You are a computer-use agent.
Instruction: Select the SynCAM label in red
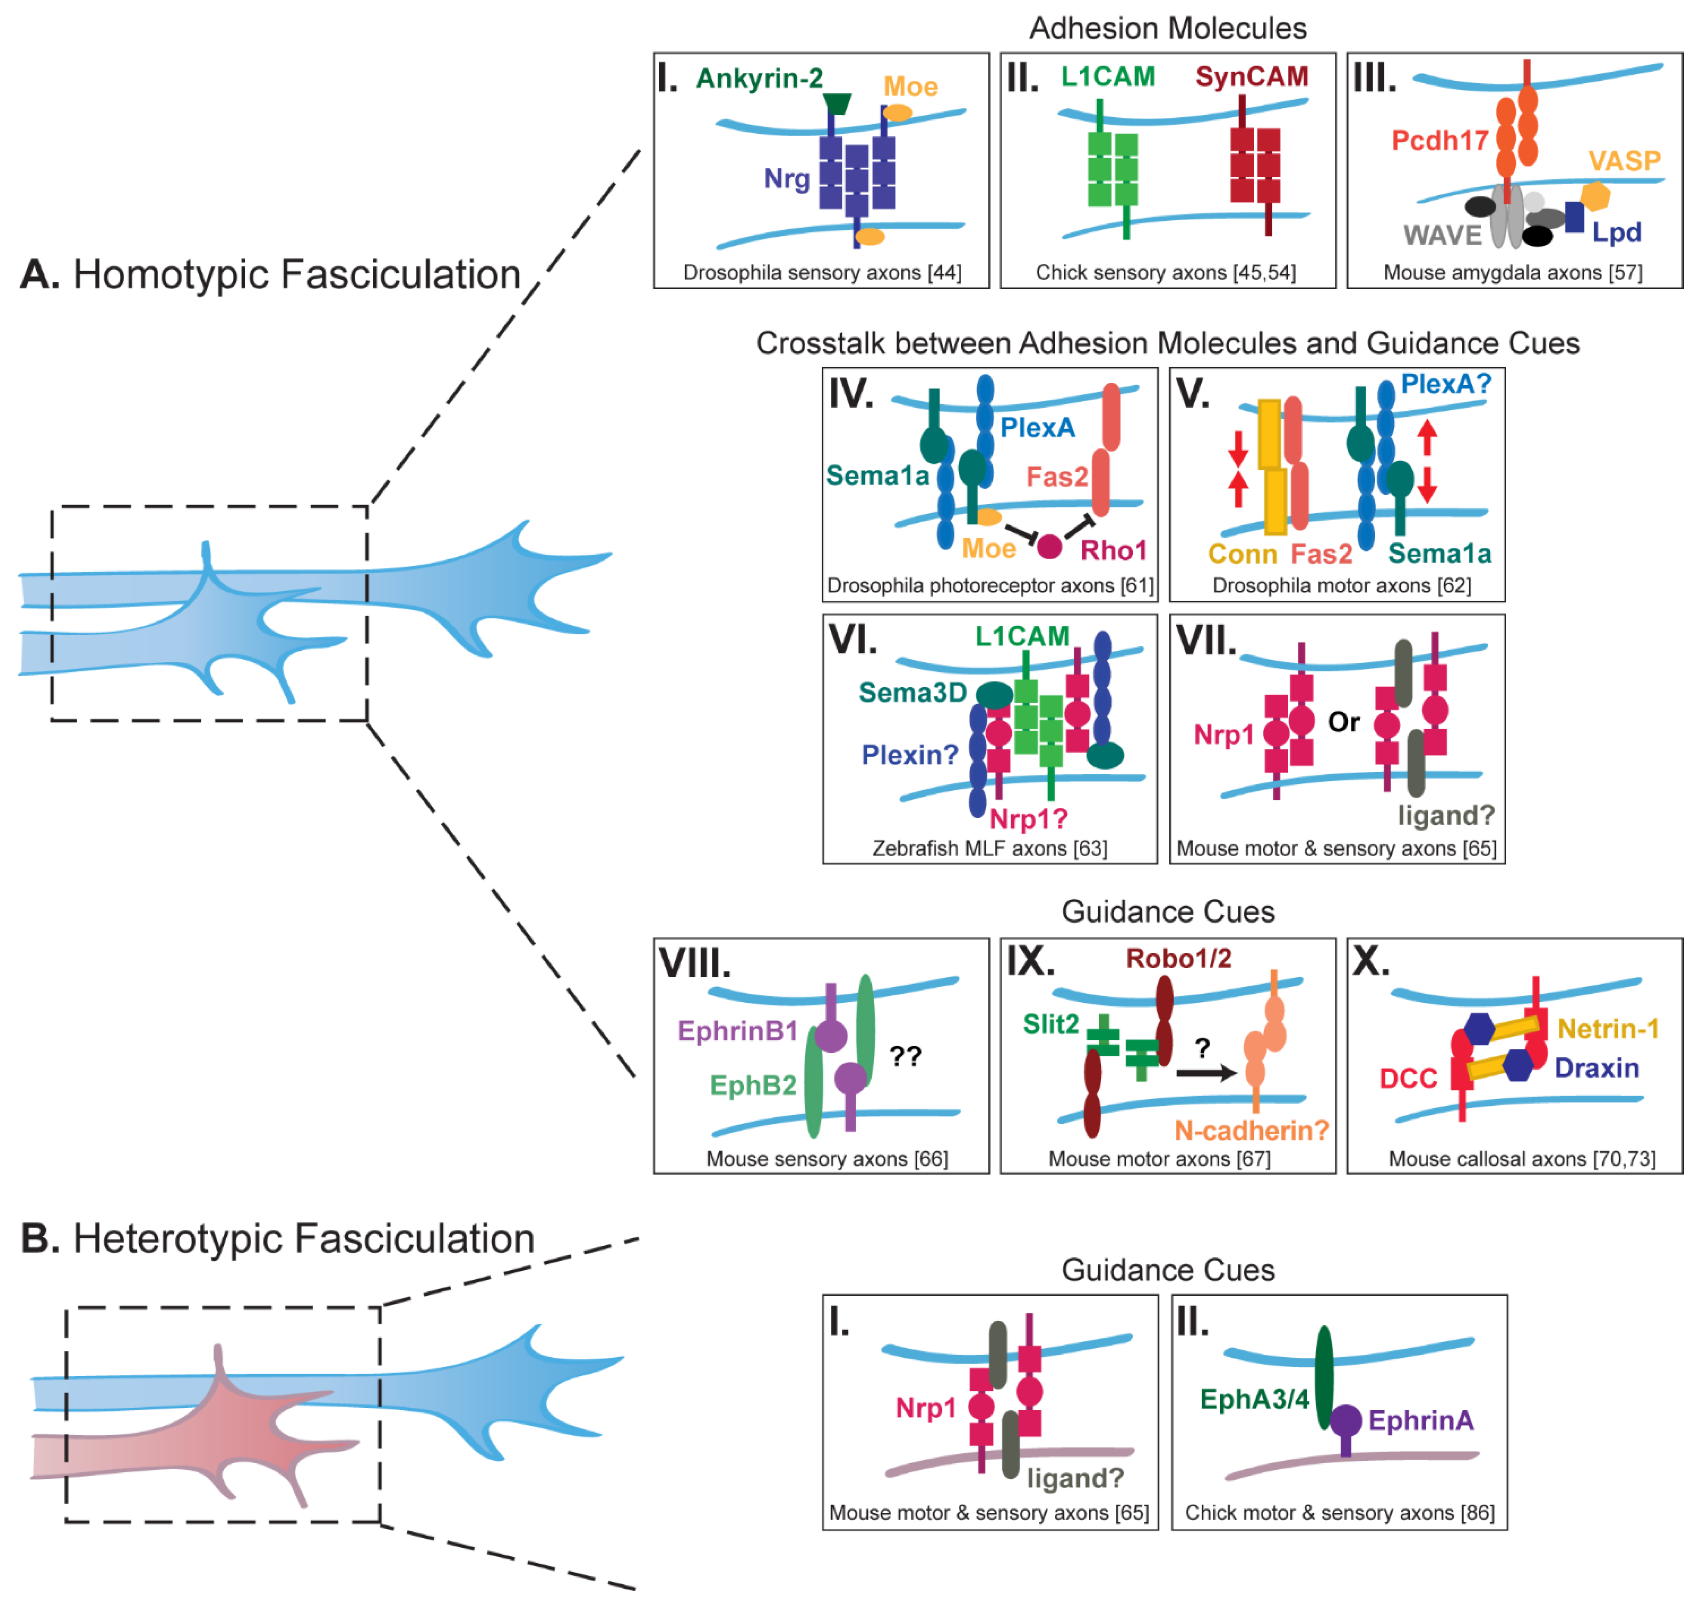point(1251,77)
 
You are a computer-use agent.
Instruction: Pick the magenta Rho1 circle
point(1049,546)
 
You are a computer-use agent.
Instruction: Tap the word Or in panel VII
point(1343,722)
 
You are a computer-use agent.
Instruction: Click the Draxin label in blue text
point(1596,1068)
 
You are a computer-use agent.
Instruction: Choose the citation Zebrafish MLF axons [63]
point(989,848)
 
